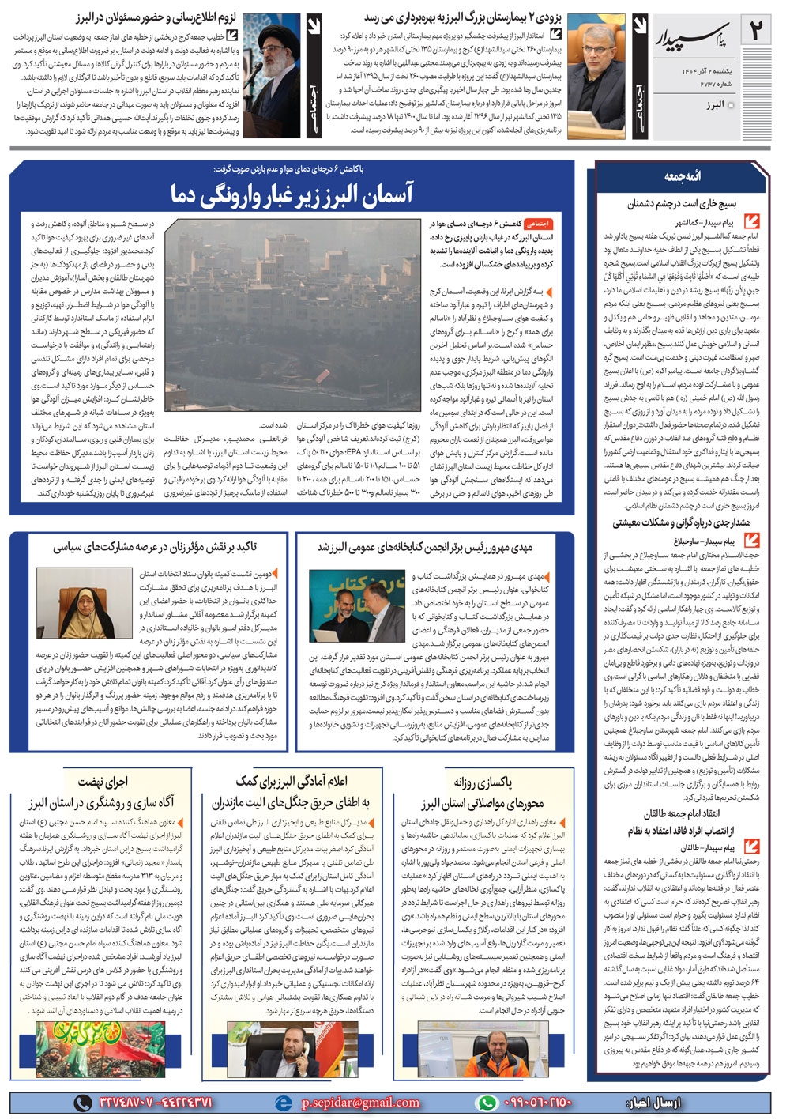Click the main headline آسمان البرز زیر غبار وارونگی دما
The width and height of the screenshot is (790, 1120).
[292, 194]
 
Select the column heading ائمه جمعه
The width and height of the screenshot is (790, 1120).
[682, 176]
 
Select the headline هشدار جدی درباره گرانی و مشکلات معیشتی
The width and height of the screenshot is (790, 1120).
[681, 522]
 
